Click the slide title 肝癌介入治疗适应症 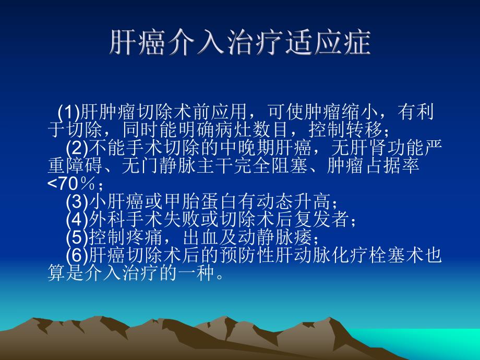point(240,43)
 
